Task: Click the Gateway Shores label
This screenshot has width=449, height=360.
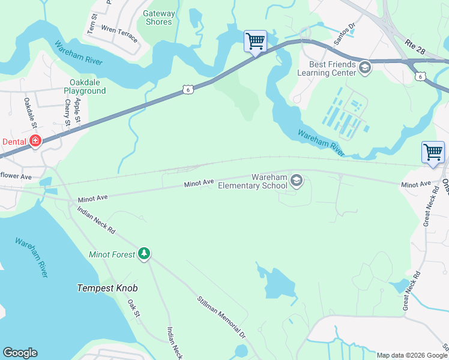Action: pyautogui.click(x=158, y=17)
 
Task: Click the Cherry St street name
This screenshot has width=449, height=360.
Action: pyautogui.click(x=68, y=112)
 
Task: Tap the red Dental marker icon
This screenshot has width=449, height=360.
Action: pyautogui.click(x=35, y=141)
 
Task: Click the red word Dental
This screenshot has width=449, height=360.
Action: pyautogui.click(x=14, y=142)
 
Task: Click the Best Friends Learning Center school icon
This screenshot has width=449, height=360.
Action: pyautogui.click(x=364, y=68)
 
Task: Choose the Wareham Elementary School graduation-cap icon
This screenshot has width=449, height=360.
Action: pyautogui.click(x=296, y=180)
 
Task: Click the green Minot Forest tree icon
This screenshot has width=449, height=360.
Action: pyautogui.click(x=143, y=254)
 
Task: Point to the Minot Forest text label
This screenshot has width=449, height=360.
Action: pyautogui.click(x=112, y=254)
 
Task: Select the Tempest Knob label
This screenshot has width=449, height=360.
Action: pyautogui.click(x=107, y=288)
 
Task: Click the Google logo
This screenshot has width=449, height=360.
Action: pyautogui.click(x=20, y=352)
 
